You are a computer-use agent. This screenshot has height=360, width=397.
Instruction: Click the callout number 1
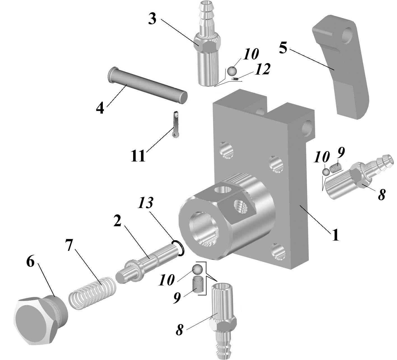point(335,235)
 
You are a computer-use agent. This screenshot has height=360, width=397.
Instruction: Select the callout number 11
point(138,156)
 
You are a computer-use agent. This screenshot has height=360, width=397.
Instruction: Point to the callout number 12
point(262,69)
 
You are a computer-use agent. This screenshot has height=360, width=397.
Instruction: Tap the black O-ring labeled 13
point(179,248)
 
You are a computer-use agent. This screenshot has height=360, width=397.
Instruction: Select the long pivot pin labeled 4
point(147,85)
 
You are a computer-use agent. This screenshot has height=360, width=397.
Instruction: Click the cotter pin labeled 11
point(176,124)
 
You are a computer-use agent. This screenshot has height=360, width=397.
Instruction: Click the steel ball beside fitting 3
point(232,71)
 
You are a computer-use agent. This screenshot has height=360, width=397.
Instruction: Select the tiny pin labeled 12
point(235,79)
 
